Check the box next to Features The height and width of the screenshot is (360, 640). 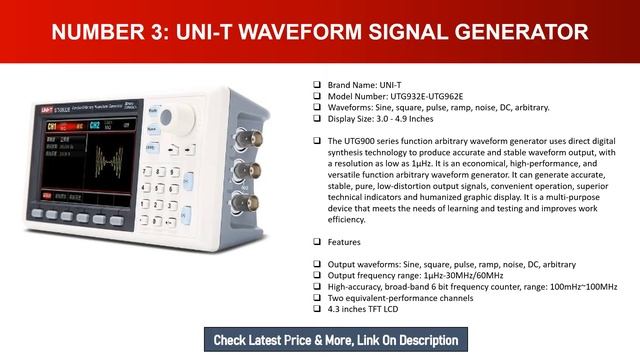click(x=317, y=242)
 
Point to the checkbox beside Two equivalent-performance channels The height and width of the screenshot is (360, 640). click(x=317, y=298)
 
